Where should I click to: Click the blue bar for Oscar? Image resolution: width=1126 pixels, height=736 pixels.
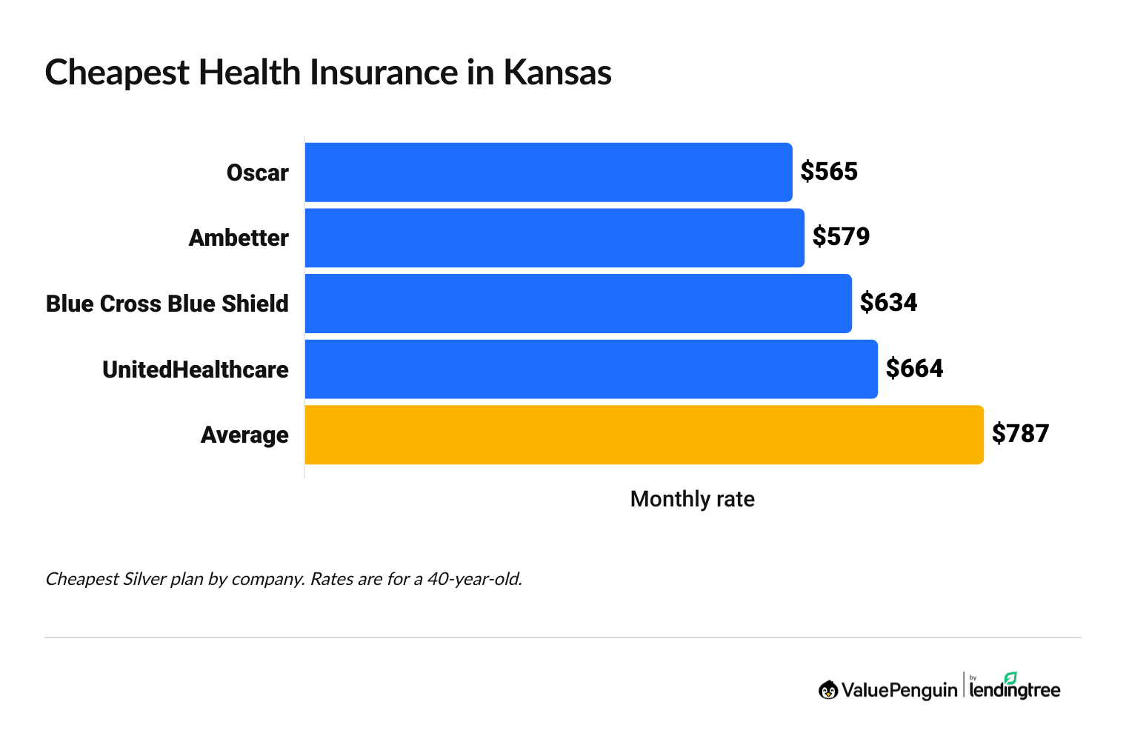[548, 172]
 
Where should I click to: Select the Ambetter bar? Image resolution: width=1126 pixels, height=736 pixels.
[554, 238]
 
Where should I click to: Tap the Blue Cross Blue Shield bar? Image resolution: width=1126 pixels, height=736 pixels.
[578, 304]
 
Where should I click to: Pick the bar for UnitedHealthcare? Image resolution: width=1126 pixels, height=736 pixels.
[591, 369]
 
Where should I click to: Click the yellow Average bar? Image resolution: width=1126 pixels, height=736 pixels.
[644, 435]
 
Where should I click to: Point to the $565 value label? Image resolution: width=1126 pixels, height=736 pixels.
[829, 172]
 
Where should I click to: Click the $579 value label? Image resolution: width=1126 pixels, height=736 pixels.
[841, 237]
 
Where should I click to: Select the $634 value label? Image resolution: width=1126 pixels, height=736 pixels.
[888, 303]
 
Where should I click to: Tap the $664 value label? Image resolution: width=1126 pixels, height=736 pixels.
[914, 369]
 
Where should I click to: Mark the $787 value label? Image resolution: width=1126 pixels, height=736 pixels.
[1020, 434]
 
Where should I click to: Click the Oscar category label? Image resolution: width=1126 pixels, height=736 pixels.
[257, 173]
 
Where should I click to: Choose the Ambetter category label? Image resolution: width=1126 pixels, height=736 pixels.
[239, 238]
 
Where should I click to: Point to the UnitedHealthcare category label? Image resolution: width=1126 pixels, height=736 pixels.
[196, 369]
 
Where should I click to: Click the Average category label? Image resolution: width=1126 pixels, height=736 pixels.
[244, 435]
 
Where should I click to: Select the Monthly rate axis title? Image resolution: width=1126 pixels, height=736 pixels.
[692, 499]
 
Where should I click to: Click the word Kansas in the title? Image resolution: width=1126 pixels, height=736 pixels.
[557, 73]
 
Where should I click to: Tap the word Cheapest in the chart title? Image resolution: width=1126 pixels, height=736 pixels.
[117, 73]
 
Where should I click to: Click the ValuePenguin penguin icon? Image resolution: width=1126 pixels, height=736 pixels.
[828, 690]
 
